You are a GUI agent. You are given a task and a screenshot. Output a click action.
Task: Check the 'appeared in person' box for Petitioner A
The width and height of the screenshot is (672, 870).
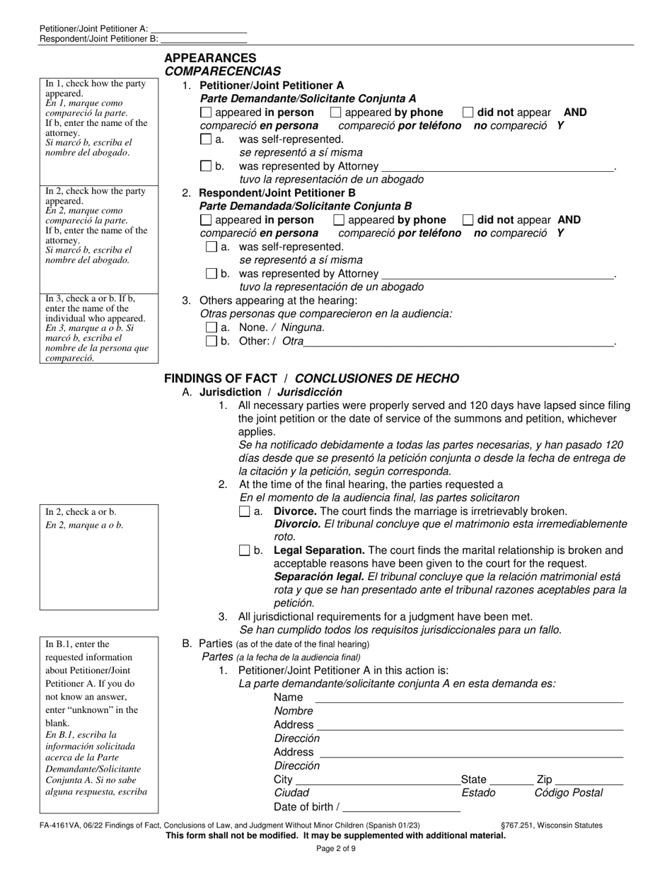click(206, 112)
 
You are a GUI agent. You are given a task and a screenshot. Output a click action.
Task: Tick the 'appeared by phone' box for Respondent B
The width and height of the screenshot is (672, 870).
click(339, 220)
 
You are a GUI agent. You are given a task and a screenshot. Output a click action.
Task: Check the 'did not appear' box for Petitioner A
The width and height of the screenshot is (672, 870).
click(468, 112)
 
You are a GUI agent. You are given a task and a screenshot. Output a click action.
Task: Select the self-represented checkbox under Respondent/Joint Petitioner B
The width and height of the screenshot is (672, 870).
click(211, 247)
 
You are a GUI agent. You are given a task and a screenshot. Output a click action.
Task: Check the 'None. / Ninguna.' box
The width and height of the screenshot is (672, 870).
click(211, 327)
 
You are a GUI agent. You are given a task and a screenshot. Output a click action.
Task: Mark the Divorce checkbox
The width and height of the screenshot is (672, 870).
click(245, 511)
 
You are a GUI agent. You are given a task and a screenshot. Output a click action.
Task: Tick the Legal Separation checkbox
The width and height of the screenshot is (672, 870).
click(245, 550)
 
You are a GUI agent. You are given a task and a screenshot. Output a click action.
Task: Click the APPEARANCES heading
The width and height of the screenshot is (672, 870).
click(210, 58)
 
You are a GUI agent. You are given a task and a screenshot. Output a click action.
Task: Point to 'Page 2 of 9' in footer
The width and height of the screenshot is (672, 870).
click(335, 848)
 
